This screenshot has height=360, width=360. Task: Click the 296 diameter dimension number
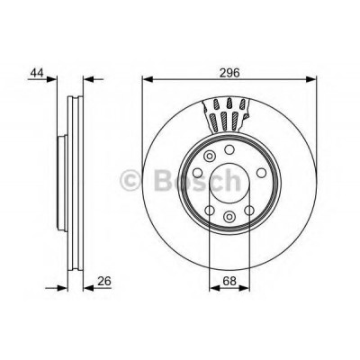click(x=230, y=73)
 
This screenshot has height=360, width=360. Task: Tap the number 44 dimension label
click(x=37, y=73)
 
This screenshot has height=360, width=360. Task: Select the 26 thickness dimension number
click(x=104, y=281)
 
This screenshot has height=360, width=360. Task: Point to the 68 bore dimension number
click(x=229, y=281)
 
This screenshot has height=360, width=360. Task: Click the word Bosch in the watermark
click(x=197, y=180)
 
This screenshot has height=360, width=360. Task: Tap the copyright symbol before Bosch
click(x=130, y=180)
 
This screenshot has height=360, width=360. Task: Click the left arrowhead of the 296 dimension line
click(x=148, y=79)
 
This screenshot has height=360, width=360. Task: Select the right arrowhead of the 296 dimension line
click(x=311, y=79)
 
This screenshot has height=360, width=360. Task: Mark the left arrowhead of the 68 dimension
click(x=214, y=288)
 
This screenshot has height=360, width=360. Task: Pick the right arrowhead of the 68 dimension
click(x=244, y=288)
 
